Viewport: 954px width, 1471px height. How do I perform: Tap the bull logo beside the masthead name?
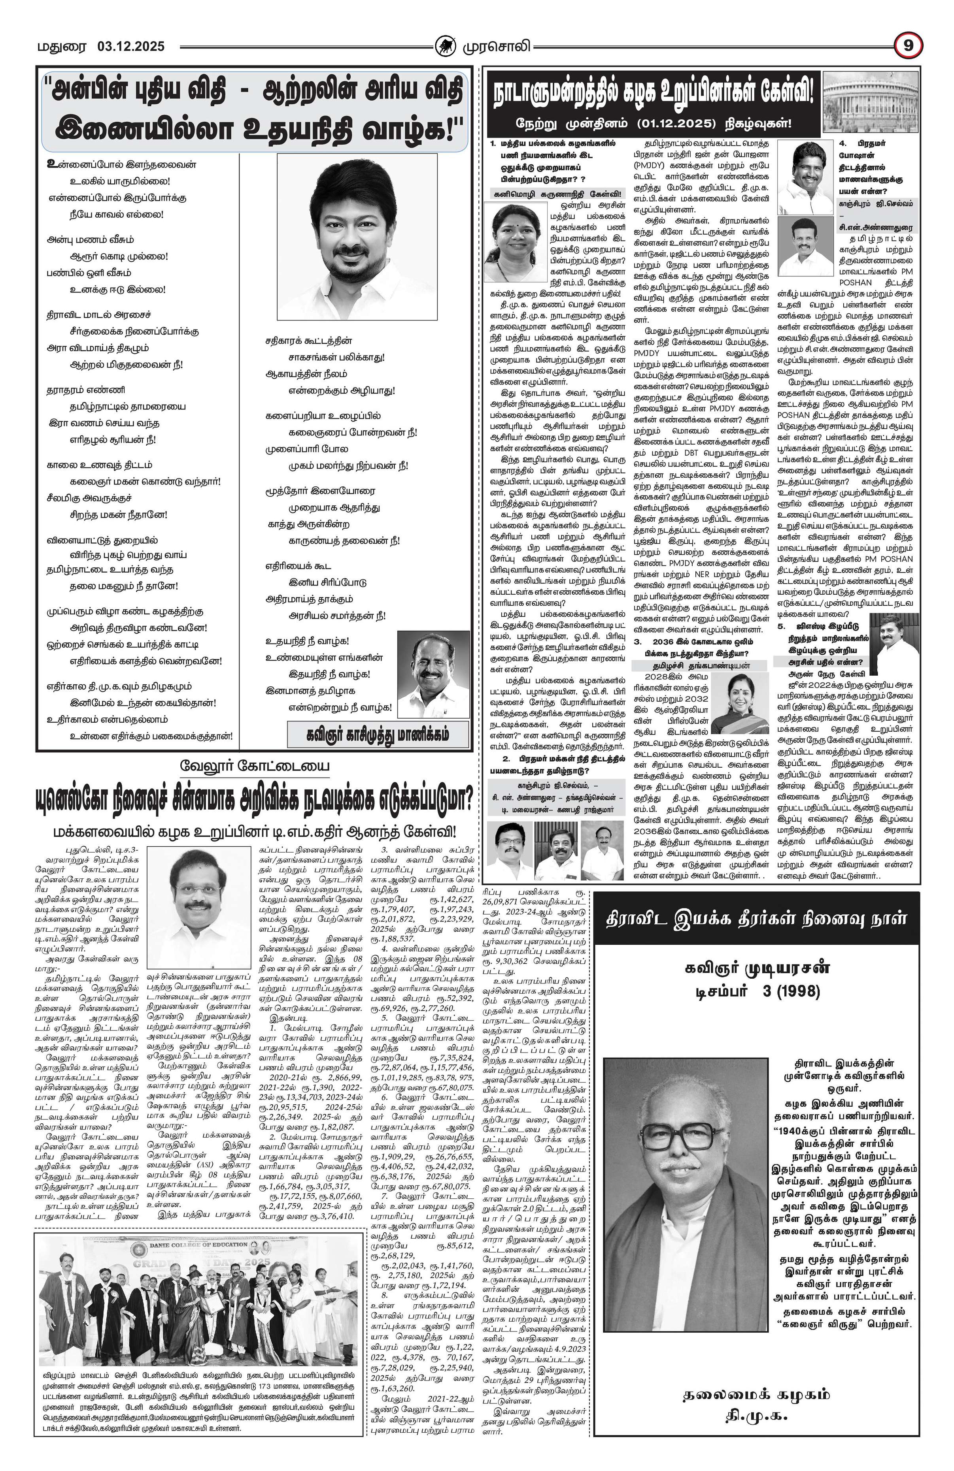(443, 46)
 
